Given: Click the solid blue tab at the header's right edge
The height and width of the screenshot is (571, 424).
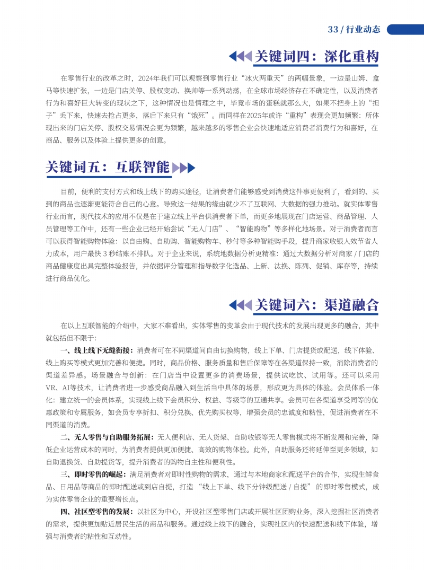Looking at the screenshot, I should (x=406, y=29).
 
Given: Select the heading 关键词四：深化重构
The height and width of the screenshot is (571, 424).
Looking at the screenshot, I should (x=316, y=56).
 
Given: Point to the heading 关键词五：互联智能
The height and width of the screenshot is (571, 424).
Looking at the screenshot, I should (x=108, y=168).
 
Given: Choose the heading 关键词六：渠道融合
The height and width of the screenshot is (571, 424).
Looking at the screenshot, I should (x=316, y=305).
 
